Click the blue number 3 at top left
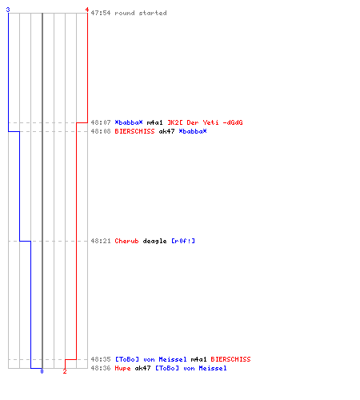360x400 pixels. (8, 10)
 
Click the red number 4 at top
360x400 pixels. (87, 10)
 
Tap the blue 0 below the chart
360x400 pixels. (42, 371)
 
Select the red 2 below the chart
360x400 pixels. (65, 371)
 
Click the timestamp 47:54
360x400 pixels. (101, 13)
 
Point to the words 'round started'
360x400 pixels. (141, 13)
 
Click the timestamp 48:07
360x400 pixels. (101, 122)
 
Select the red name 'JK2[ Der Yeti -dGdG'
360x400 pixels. (205, 122)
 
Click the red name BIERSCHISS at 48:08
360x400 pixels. (134, 131)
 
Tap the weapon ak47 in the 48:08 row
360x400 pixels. (166, 131)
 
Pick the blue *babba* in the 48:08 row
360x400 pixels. (193, 131)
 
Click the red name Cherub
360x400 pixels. (126, 241)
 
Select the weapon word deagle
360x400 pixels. (154, 241)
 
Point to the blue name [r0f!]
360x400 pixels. (183, 241)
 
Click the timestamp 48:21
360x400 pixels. (101, 241)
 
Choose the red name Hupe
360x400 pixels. (122, 368)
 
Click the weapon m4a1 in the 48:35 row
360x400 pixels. (198, 359)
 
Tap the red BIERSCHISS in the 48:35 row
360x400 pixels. (230, 359)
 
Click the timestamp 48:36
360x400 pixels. (101, 368)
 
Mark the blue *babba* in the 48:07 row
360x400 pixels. (129, 122)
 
